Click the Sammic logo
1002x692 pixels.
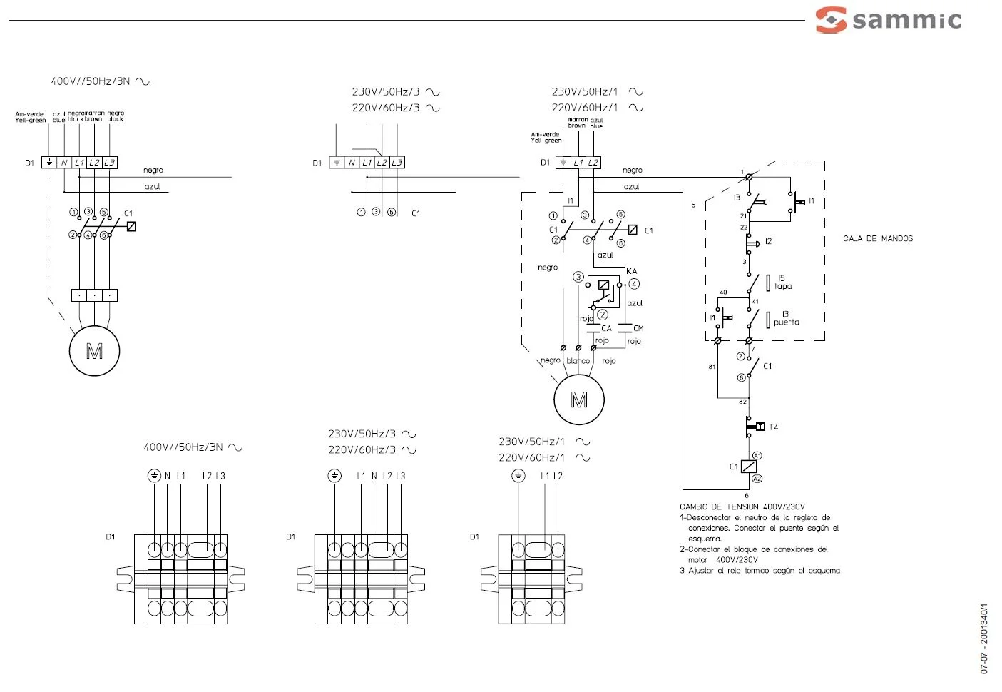click(x=889, y=19)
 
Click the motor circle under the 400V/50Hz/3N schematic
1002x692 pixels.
click(x=94, y=350)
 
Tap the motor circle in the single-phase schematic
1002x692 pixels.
click(x=579, y=400)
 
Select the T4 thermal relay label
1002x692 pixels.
click(x=773, y=427)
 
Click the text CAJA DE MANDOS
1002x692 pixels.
click(x=877, y=238)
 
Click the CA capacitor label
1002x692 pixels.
click(x=606, y=328)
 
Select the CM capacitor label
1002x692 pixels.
click(x=638, y=328)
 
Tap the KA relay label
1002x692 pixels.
click(x=632, y=271)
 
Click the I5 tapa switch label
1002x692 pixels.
click(x=782, y=283)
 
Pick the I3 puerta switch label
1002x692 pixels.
click(x=786, y=318)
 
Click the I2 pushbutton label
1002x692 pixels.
click(x=768, y=241)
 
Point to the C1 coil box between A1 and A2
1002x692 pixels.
click(x=748, y=467)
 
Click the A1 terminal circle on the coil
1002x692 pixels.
click(x=757, y=455)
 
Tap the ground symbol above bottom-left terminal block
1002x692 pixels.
click(x=154, y=476)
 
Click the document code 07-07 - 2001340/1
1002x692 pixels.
click(x=984, y=638)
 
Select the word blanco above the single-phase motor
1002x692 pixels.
click(x=578, y=361)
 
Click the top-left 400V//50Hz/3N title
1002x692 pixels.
click(x=100, y=81)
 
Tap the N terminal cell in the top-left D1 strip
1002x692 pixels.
click(x=64, y=163)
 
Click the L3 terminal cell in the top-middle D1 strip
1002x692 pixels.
click(x=397, y=163)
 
